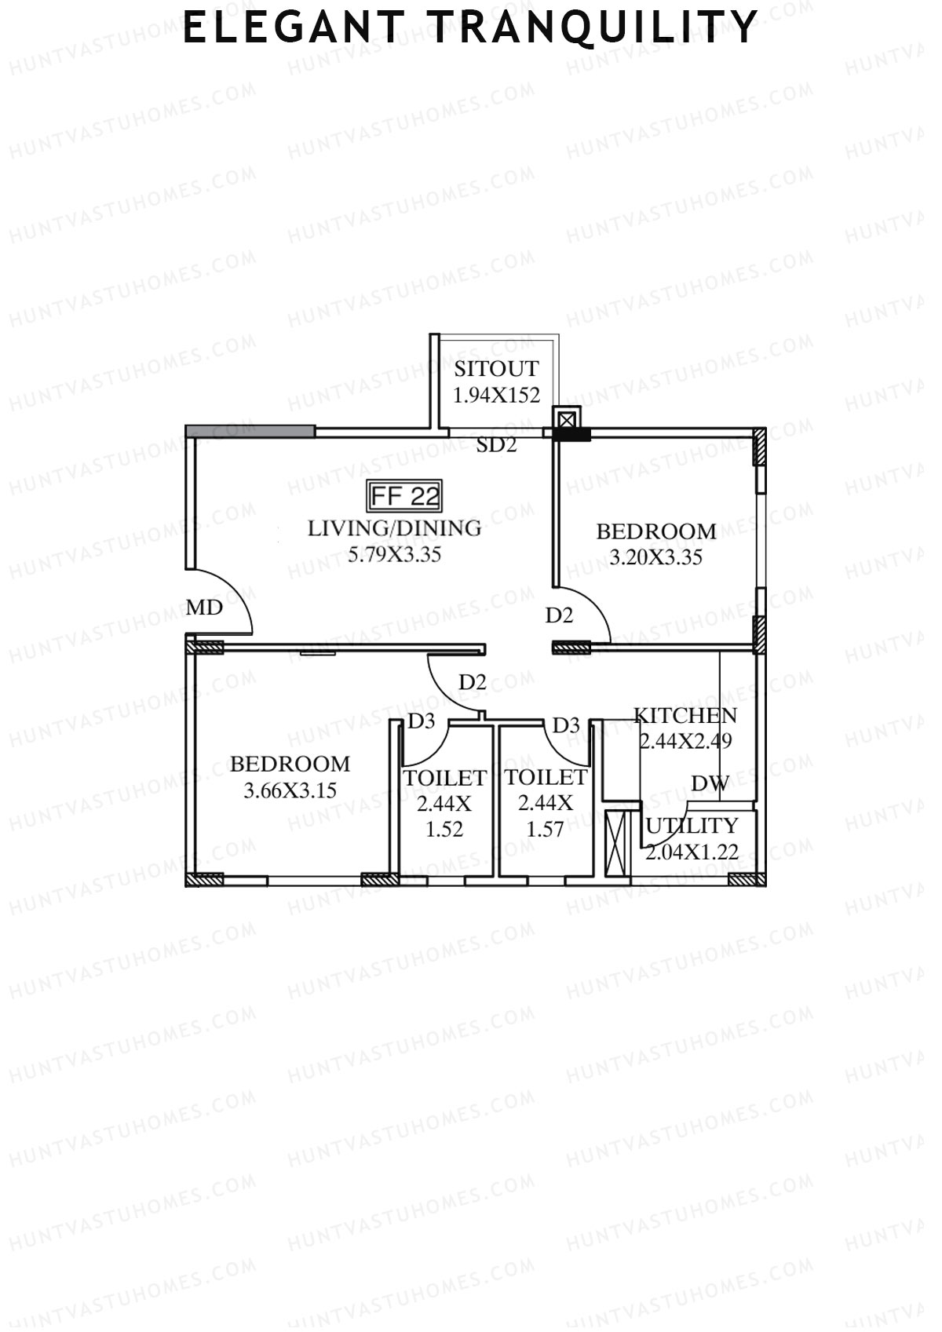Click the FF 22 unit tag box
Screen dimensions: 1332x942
point(405,496)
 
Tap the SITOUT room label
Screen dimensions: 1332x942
point(496,369)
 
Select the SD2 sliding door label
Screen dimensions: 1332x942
point(497,445)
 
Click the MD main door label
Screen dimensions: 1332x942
point(204,608)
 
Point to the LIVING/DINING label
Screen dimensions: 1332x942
point(394,528)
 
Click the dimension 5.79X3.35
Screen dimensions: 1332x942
point(394,555)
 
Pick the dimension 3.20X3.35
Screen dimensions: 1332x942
point(655,558)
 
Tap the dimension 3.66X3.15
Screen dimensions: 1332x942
point(290,791)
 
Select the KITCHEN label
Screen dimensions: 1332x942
point(685,716)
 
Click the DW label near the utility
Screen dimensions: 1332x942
point(710,783)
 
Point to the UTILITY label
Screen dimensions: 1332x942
point(692,826)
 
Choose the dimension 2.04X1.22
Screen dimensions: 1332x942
point(692,852)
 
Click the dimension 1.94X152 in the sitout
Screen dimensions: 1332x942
point(496,395)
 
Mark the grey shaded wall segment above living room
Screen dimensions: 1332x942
point(250,431)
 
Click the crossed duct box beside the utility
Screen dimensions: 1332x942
point(618,845)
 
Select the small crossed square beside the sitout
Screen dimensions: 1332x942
point(566,418)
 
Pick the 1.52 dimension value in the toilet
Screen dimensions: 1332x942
point(444,829)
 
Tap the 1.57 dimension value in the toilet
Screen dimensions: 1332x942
point(545,829)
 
